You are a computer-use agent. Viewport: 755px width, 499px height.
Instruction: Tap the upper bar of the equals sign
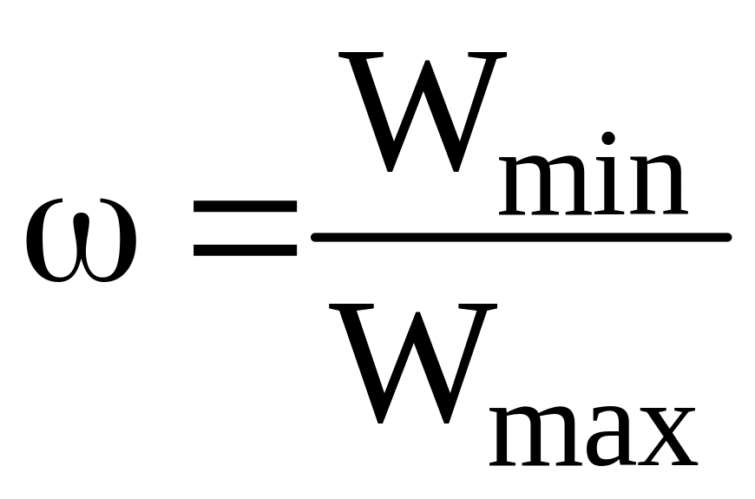(x=246, y=209)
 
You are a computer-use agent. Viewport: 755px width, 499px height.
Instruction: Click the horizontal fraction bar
(x=521, y=237)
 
